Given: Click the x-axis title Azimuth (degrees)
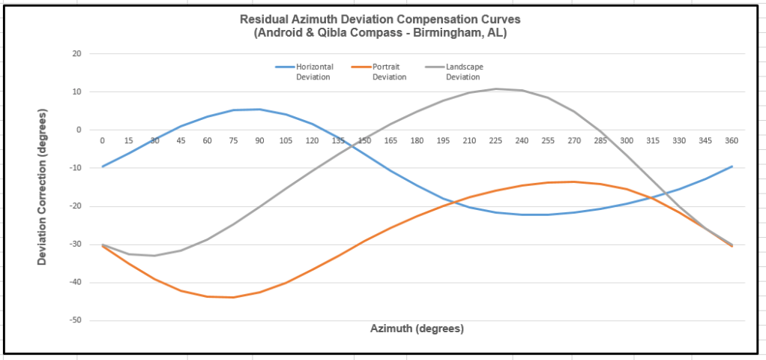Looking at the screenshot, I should pos(417,328).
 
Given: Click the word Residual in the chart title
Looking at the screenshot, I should pos(262,19).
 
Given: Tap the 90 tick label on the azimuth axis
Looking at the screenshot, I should pos(259,140).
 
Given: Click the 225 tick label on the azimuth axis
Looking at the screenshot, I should pos(495,140).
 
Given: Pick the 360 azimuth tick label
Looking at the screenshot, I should pos(732,140).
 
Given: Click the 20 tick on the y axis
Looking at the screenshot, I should pos(76,53).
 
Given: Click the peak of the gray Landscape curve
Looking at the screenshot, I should pos(496,88).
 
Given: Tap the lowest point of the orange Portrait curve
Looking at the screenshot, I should pos(233,297).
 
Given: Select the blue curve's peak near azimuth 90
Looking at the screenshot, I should pos(259,109).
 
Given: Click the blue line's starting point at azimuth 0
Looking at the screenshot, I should pos(103,166).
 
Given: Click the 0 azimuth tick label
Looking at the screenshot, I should pos(103,140).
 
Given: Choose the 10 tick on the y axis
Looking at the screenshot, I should pos(76,91).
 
